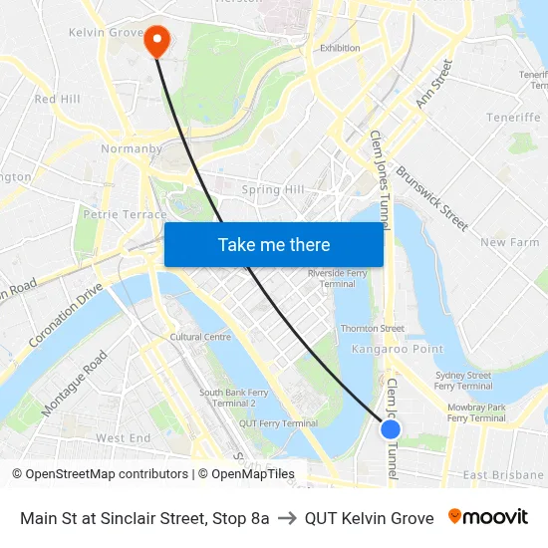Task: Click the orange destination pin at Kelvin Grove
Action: click(x=157, y=40)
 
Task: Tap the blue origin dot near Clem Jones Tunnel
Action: click(x=391, y=428)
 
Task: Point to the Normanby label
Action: click(x=132, y=149)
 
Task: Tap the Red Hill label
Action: click(x=57, y=100)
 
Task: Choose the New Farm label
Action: click(x=509, y=242)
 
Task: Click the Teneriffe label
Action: click(x=513, y=118)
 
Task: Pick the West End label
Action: click(x=123, y=438)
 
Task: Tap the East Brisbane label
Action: click(x=503, y=475)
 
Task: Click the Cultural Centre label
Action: click(x=200, y=337)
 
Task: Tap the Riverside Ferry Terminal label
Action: click(x=338, y=277)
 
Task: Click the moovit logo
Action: click(x=488, y=517)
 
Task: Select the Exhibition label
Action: click(x=340, y=48)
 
